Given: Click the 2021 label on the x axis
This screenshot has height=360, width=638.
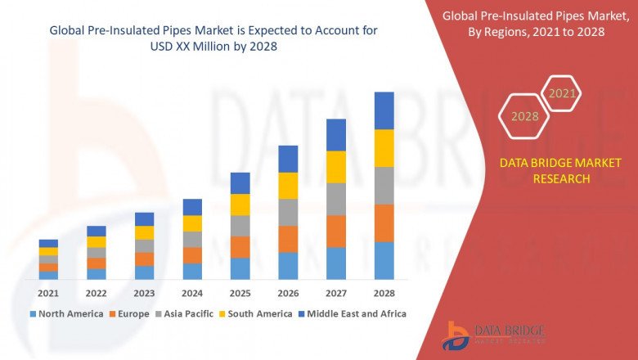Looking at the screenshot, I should pos(48,293).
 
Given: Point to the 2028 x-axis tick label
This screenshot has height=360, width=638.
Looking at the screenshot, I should pos(384,293).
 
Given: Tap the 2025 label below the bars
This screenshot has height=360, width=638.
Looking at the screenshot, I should pos(240,293).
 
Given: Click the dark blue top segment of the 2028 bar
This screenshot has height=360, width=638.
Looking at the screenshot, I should pos(384,110).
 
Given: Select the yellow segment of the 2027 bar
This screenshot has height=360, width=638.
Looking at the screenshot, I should pos(336,167).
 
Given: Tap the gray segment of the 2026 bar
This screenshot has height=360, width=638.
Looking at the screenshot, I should pos(288,212).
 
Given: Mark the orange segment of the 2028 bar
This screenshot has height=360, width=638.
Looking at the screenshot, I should pos(384,223).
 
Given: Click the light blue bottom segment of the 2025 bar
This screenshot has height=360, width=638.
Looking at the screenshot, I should pos(240,268).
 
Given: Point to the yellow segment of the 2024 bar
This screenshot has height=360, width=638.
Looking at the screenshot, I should pos(192,223).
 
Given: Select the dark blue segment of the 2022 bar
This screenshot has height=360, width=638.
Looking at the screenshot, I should pos(97,231).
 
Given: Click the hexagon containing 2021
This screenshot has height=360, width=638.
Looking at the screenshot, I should pos(562,94).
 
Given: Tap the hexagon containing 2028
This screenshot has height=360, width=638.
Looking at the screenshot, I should pos(524,116).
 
